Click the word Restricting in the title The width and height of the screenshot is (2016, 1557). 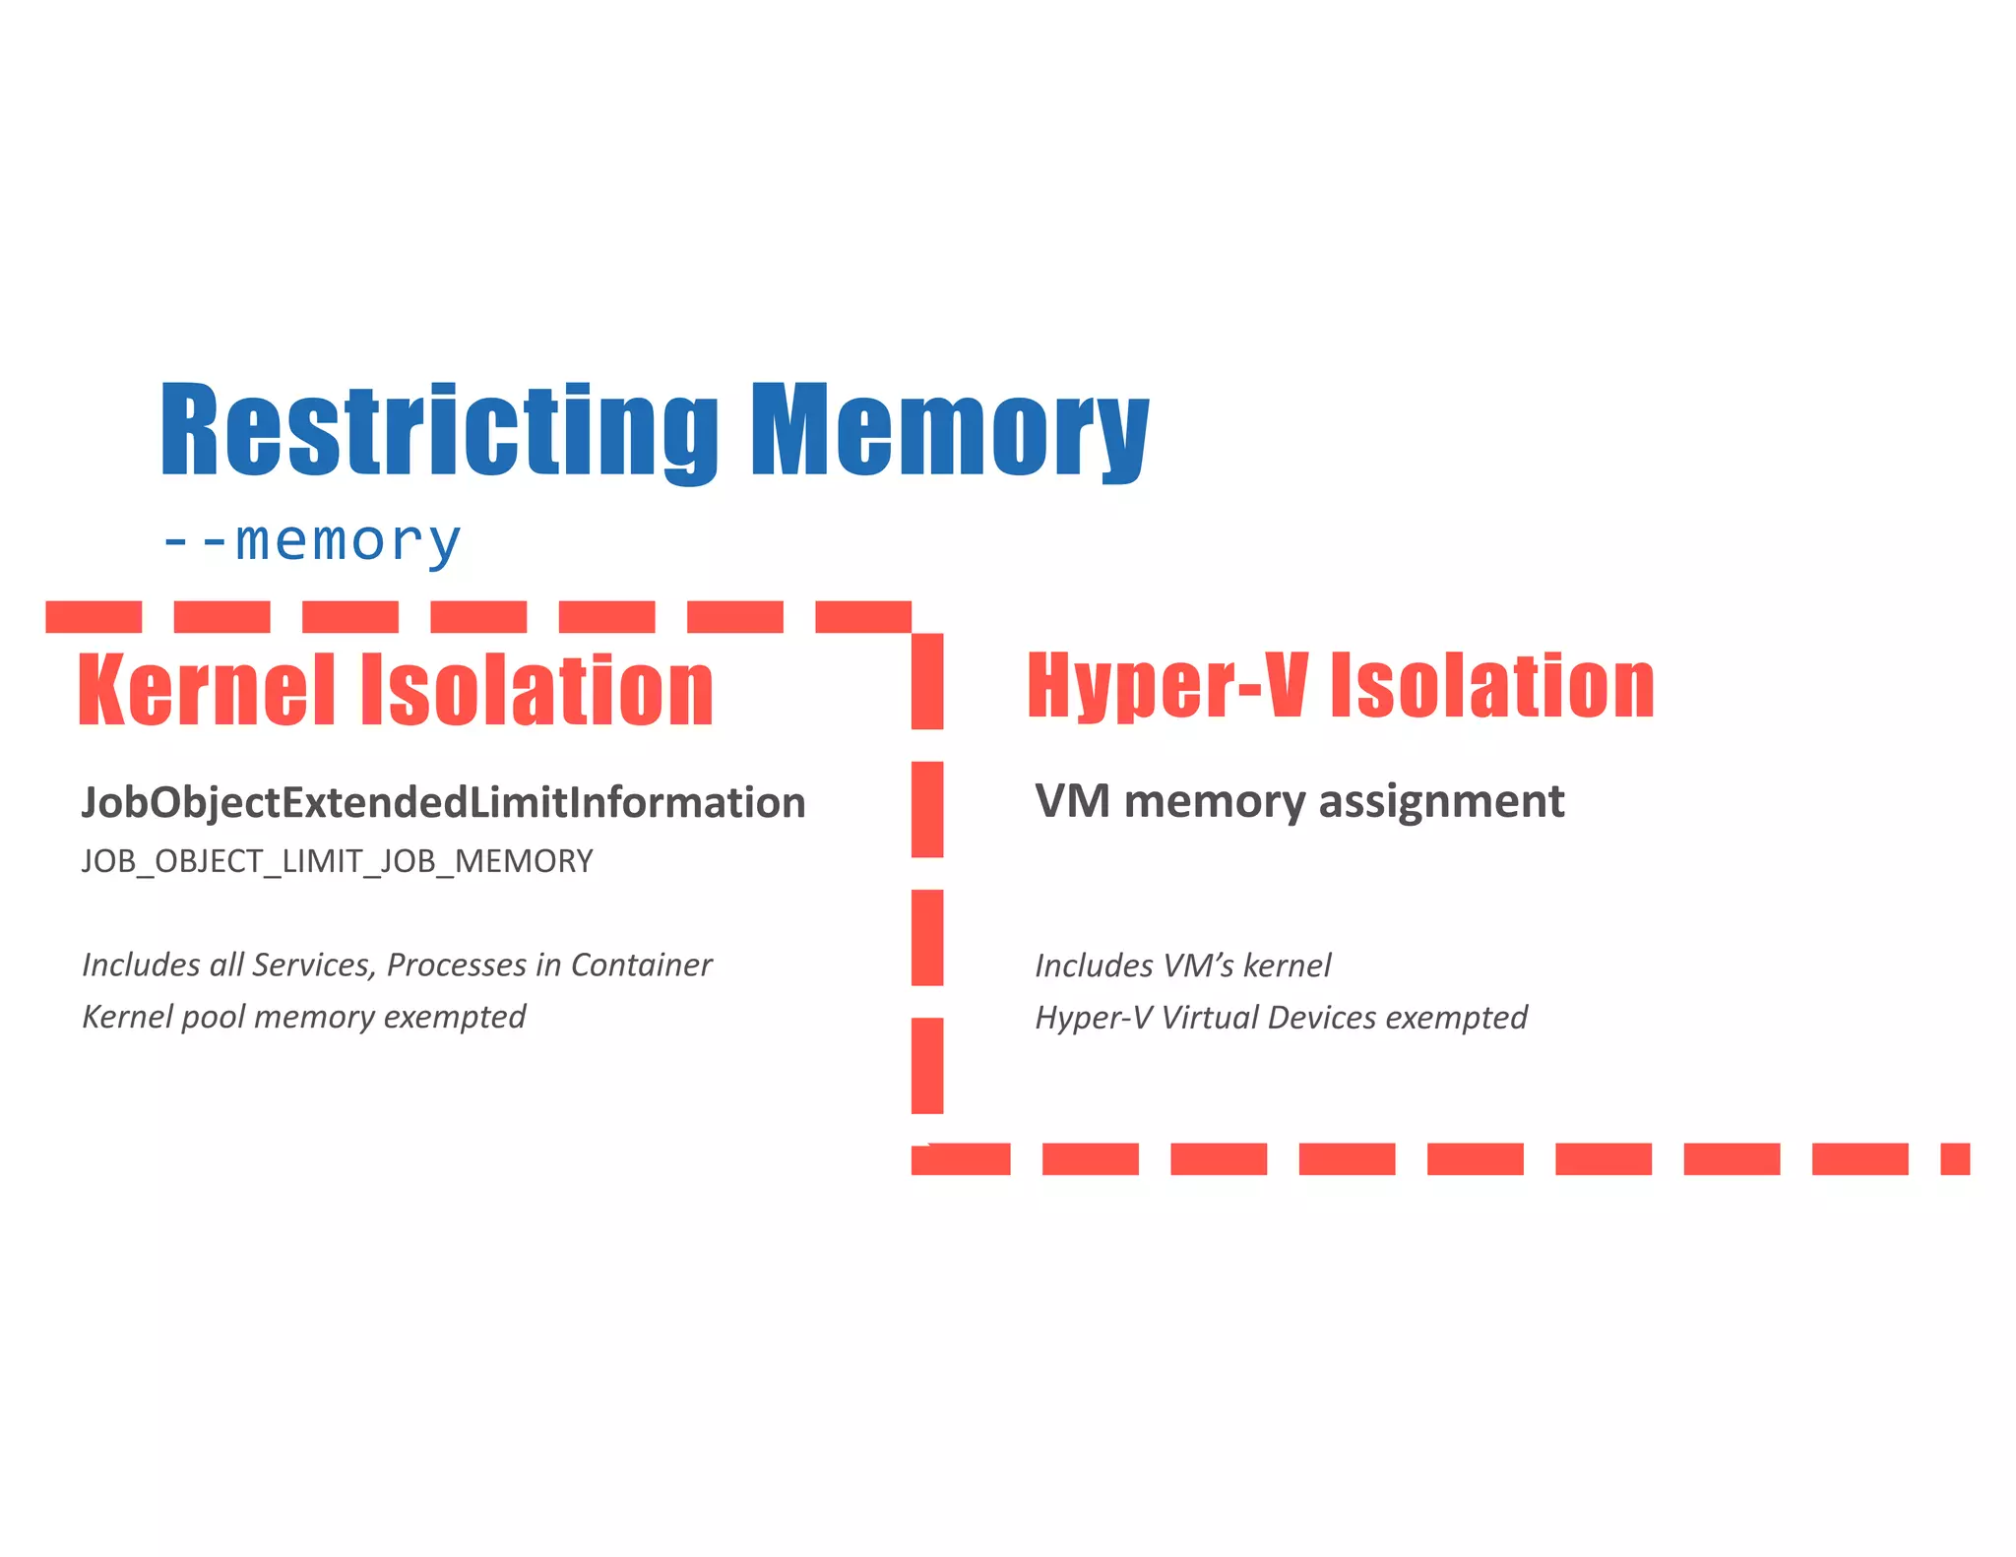439,430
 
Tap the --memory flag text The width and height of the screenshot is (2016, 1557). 311,540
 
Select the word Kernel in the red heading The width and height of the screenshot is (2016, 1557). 207,690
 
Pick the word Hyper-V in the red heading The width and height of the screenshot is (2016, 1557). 1166,685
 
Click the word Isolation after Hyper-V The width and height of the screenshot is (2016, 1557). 1492,685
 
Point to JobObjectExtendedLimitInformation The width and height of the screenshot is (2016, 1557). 443,802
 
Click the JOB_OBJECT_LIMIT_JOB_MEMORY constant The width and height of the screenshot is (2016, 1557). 338,861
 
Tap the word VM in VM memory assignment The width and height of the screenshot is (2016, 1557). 1072,801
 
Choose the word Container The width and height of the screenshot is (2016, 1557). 641,965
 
